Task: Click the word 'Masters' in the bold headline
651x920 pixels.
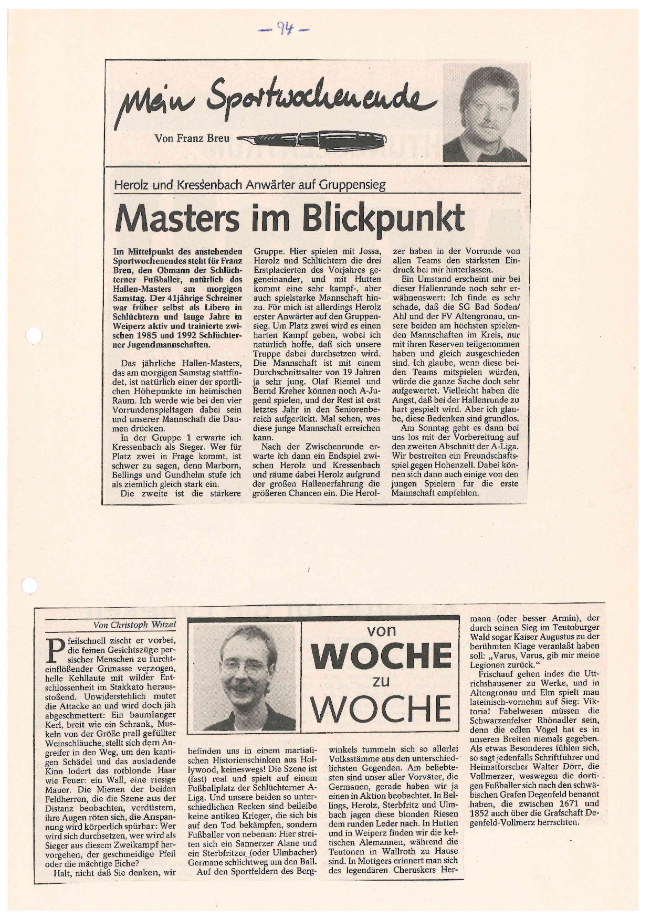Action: click(x=179, y=217)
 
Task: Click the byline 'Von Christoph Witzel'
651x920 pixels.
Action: click(x=134, y=625)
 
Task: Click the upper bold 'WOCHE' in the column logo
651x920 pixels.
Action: click(x=381, y=655)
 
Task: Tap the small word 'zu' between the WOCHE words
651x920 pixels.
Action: click(x=381, y=682)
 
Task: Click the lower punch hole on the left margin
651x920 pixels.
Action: click(x=30, y=586)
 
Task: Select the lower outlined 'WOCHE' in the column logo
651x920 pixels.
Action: click(x=381, y=709)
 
